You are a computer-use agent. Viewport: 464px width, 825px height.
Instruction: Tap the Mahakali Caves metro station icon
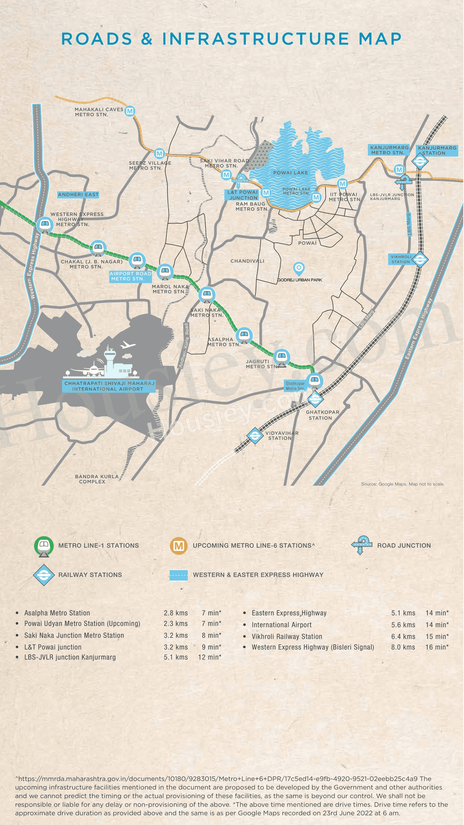pyautogui.click(x=130, y=111)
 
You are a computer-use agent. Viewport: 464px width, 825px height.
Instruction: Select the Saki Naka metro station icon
pyautogui.click(x=207, y=295)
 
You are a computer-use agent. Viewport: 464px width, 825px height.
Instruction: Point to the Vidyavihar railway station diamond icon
pyautogui.click(x=255, y=435)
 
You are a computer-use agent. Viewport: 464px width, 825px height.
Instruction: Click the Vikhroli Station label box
pyautogui.click(x=401, y=259)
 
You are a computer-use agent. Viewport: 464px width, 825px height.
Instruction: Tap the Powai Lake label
pyautogui.click(x=290, y=173)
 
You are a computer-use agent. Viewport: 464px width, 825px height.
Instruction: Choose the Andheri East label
pyautogui.click(x=78, y=195)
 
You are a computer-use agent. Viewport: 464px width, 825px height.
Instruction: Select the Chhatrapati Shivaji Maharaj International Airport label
pyautogui.click(x=109, y=386)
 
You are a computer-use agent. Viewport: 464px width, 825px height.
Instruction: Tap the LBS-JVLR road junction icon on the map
pyautogui.click(x=403, y=182)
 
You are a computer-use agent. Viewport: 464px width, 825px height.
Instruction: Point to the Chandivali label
pyautogui.click(x=247, y=261)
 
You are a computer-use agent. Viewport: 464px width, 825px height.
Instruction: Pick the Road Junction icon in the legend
pyautogui.click(x=362, y=545)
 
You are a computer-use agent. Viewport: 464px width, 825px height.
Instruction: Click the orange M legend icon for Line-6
pyautogui.click(x=178, y=546)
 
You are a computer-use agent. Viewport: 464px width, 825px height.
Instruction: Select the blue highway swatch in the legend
pyautogui.click(x=179, y=575)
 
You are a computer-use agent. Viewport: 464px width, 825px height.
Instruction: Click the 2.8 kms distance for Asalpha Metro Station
pyautogui.click(x=175, y=613)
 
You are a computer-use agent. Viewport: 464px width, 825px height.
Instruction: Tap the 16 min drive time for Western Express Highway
pyautogui.click(x=437, y=647)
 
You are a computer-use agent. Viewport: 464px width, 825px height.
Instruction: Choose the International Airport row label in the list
pyautogui.click(x=282, y=625)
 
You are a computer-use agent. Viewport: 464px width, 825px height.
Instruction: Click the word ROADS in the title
pyautogui.click(x=97, y=39)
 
